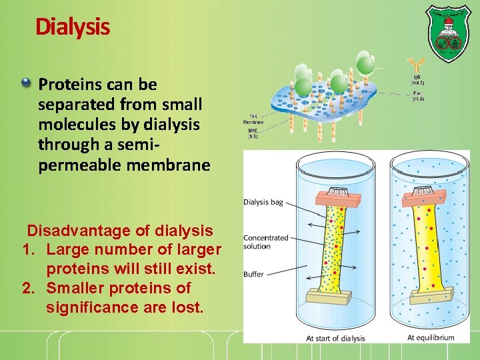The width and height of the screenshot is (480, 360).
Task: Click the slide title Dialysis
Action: click(73, 27)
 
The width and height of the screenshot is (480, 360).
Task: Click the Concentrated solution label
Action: click(265, 241)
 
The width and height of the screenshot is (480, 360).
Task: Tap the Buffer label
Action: click(253, 274)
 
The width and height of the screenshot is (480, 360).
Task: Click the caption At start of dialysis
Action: click(335, 338)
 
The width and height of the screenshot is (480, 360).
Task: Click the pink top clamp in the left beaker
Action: click(340, 195)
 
